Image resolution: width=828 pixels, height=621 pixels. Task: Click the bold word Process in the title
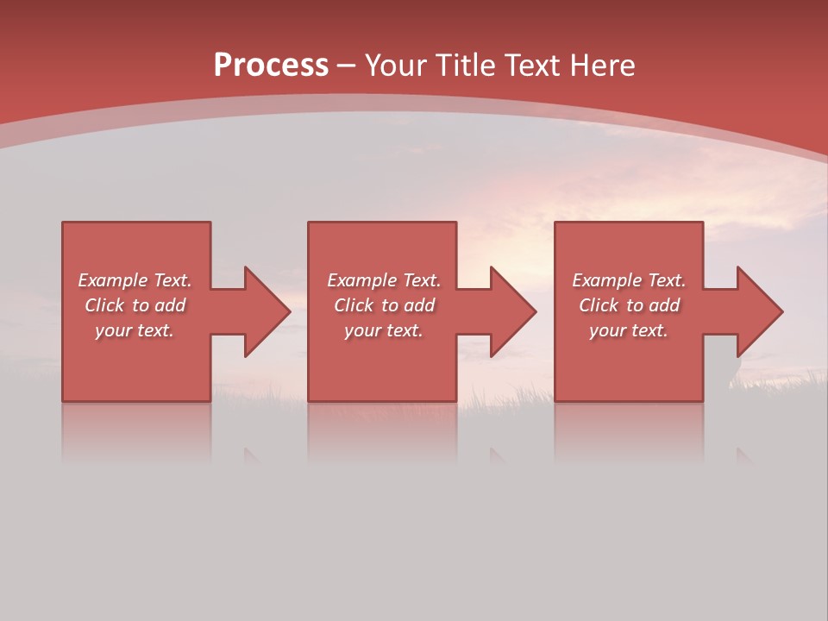[x=271, y=66]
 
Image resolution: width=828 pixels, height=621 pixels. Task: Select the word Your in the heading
[x=395, y=66]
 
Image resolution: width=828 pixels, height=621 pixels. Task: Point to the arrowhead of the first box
[x=267, y=311]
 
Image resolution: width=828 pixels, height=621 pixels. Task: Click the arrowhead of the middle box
[x=513, y=311]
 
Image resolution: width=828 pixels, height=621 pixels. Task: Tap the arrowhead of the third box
[x=760, y=311]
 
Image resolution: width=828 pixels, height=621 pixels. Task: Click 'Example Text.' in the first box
[x=135, y=280]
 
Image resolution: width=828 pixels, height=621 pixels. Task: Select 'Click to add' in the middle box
[x=384, y=305]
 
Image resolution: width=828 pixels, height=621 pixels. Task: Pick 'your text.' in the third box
[x=628, y=330]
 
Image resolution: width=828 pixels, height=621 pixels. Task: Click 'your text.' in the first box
[x=135, y=330]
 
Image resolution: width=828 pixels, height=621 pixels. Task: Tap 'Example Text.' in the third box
[x=629, y=280]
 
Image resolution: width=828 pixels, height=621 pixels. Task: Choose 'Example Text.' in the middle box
[x=384, y=280]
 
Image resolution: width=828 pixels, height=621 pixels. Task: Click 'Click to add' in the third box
[x=629, y=305]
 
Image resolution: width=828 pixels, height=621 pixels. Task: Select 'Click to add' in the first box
[x=135, y=305]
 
